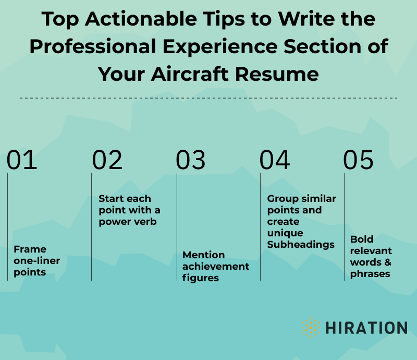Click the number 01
point(22,160)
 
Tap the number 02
point(107,160)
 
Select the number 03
point(191,160)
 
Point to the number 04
point(275,160)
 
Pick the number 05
point(359,160)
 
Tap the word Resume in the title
point(276,74)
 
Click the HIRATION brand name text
point(366,328)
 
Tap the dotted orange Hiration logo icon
point(311,328)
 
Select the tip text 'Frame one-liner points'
point(30,260)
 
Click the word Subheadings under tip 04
point(301,244)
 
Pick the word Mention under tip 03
point(204,255)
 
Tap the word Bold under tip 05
point(362,239)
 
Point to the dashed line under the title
point(208,98)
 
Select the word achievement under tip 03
point(216,267)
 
